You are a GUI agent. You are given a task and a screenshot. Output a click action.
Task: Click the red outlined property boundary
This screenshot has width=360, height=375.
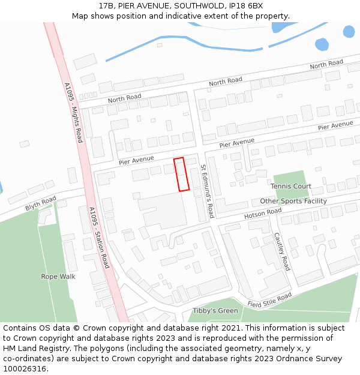tap(182, 174)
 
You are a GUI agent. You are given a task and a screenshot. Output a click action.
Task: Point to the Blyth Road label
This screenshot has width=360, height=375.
tap(40, 203)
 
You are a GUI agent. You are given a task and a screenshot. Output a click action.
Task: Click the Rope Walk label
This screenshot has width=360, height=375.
tap(58, 277)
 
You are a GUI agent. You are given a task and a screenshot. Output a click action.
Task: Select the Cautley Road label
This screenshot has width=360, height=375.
tap(281, 251)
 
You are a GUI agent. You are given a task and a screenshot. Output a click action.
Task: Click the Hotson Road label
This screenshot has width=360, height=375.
tap(263, 214)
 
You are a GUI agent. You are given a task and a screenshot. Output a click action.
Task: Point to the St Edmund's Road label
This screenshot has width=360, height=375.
tap(207, 191)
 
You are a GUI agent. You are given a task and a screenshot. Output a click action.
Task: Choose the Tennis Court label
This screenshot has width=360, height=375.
tap(290, 187)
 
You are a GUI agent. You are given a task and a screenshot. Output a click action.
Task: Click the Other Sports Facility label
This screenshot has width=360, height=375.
tap(293, 201)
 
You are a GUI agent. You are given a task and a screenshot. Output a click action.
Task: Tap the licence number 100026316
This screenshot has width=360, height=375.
tap(25, 369)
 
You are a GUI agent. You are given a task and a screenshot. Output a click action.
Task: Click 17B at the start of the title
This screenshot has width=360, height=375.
tap(107, 5)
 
